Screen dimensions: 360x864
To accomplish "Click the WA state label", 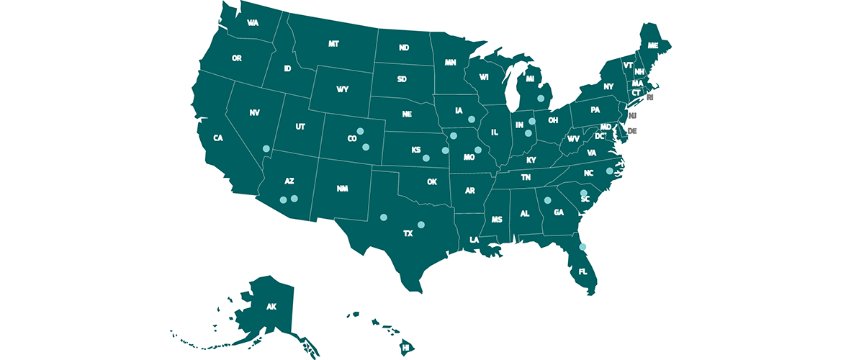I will click(x=253, y=23).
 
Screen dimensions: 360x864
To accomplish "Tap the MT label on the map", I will click(x=333, y=44).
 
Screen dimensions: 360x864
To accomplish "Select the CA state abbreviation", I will click(x=217, y=138).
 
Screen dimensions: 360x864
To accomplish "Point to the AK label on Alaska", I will click(x=271, y=307).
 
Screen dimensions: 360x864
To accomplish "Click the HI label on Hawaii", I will click(x=406, y=347).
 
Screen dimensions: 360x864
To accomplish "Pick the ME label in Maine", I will click(x=653, y=45).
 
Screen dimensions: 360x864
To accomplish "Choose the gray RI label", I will click(x=650, y=97).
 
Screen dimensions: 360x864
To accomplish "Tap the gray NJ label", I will click(x=632, y=115).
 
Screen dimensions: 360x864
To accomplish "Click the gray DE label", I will click(x=632, y=132).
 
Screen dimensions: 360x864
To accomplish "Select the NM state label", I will click(x=342, y=188).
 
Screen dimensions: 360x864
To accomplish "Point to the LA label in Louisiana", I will click(x=474, y=240).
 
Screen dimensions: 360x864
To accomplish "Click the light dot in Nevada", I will click(x=266, y=148).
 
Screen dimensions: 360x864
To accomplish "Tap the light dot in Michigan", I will click(x=540, y=97).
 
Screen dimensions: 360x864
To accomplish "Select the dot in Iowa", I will click(x=472, y=120).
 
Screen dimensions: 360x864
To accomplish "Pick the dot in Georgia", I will click(x=547, y=200).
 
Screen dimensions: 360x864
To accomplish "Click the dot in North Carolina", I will click(x=609, y=171).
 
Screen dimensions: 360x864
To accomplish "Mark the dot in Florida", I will click(x=583, y=247).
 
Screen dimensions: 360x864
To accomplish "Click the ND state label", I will click(x=404, y=48).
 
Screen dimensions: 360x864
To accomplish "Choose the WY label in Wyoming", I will click(x=342, y=90).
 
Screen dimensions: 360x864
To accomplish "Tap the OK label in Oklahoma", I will click(x=431, y=182).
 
